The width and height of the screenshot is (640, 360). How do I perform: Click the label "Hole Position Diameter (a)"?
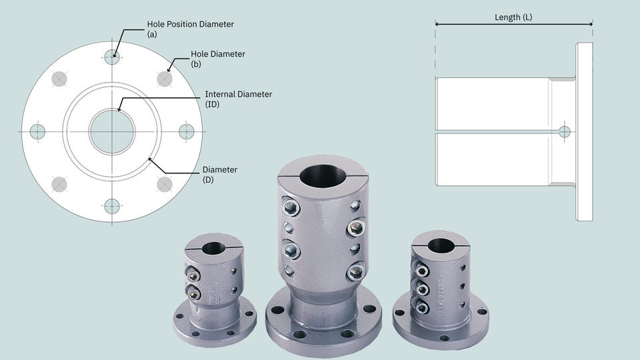(x=190, y=29)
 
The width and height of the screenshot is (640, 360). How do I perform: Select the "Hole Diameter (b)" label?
(x=218, y=59)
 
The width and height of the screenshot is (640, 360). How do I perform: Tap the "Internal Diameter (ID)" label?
(x=239, y=99)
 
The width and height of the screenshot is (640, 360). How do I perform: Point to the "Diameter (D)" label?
(x=220, y=174)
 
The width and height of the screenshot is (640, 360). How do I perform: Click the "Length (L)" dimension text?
(x=513, y=17)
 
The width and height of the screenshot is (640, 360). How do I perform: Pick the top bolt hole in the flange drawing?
(x=112, y=57)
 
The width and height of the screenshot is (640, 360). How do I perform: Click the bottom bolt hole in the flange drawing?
(x=112, y=207)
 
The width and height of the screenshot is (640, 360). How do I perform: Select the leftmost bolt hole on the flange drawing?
(x=37, y=131)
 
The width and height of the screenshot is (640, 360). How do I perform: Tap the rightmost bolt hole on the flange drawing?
(x=187, y=131)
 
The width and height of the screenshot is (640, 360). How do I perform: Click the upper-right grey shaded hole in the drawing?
(x=165, y=79)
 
